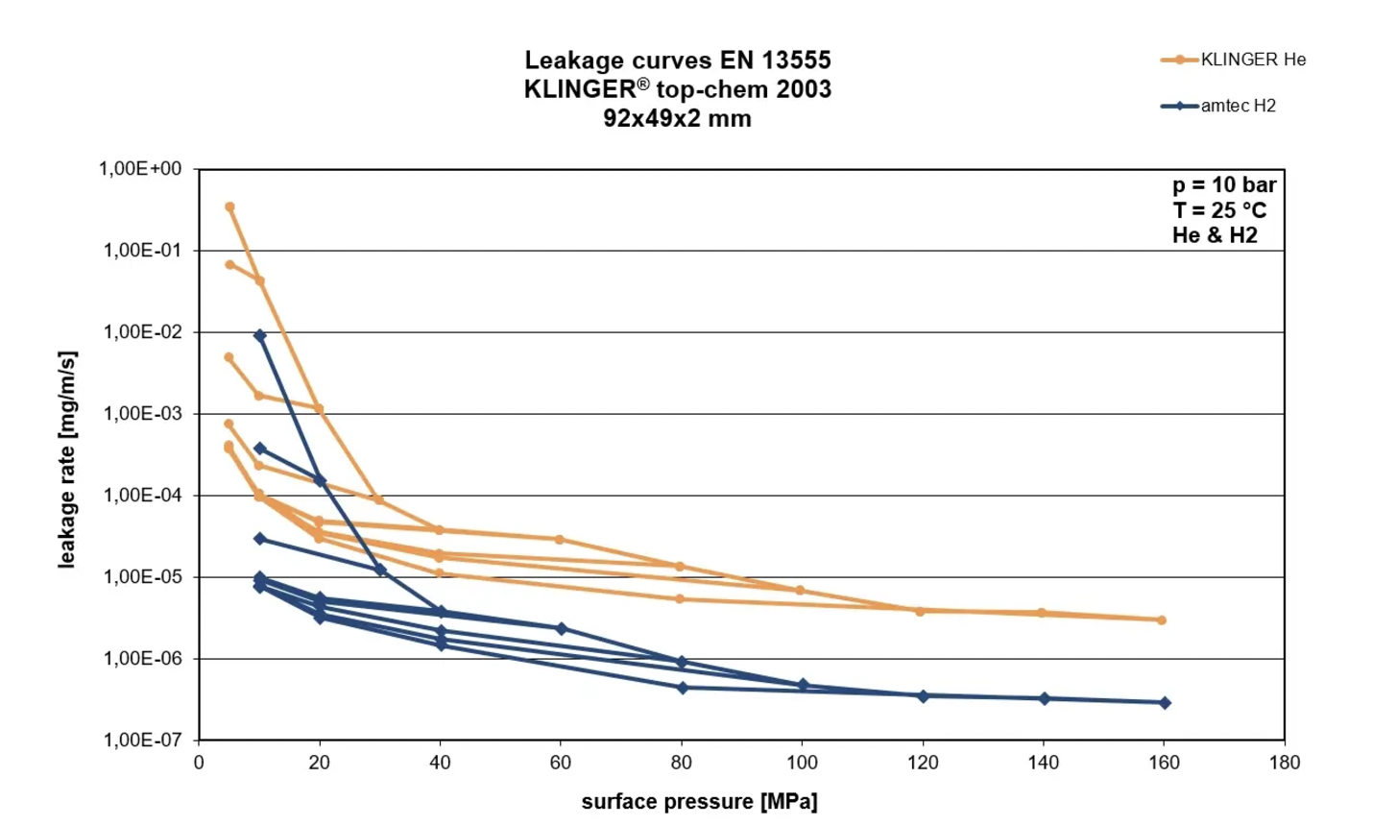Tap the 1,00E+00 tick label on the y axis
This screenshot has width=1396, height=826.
pos(140,169)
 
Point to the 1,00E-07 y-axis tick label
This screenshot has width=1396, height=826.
pos(142,740)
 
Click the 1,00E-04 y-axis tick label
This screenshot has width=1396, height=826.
pos(142,496)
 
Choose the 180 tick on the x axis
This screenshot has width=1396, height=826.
pos(1284,763)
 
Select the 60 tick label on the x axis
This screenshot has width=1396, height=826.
pos(560,763)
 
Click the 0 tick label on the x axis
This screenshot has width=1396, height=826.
pos(199,763)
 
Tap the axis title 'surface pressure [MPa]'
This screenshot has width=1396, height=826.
pos(699,801)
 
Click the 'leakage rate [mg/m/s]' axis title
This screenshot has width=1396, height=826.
pos(67,459)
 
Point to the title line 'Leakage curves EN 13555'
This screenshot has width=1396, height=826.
pos(677,61)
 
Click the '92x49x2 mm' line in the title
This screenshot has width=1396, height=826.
pos(677,118)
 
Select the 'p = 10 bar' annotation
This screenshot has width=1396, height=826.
pos(1224,184)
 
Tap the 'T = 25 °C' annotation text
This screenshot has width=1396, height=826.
pos(1218,209)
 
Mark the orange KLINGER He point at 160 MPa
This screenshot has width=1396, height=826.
pos(1162,620)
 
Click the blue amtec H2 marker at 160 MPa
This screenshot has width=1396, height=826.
pos(1165,703)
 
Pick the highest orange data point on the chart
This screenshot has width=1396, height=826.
pos(229,206)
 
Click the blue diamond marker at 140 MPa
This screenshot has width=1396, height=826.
pos(1045,698)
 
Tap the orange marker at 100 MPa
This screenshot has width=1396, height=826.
pos(800,591)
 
